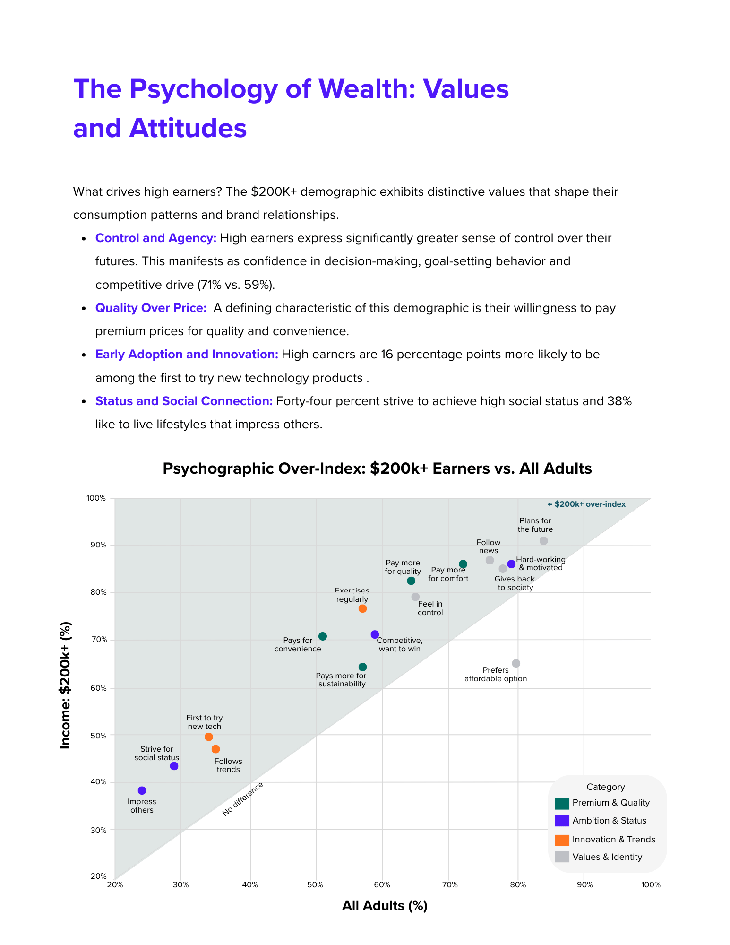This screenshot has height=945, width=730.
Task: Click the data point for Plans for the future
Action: [x=543, y=540]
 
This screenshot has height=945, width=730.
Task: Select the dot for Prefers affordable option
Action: [x=516, y=663]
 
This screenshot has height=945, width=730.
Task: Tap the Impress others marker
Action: [x=142, y=790]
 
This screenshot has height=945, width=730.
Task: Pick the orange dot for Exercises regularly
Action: [x=362, y=608]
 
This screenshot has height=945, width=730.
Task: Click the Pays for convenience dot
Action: [x=323, y=636]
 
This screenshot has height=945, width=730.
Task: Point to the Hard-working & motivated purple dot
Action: [x=511, y=564]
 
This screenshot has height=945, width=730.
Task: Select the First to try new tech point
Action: [x=208, y=737]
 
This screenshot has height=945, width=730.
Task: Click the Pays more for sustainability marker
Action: [x=362, y=667]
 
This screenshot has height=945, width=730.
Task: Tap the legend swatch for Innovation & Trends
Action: [x=562, y=840]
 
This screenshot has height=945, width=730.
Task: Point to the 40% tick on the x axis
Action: [x=250, y=885]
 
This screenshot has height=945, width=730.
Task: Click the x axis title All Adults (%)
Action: [x=385, y=905]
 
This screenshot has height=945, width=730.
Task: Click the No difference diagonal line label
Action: [x=242, y=799]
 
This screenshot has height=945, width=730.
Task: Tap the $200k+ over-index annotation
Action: [x=586, y=504]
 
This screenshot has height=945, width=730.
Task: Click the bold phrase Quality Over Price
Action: [x=151, y=308]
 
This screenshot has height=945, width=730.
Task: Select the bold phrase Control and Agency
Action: [x=155, y=238]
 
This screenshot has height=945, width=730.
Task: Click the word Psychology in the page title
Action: [x=204, y=88]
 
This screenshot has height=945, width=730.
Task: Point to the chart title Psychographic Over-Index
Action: [x=377, y=468]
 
